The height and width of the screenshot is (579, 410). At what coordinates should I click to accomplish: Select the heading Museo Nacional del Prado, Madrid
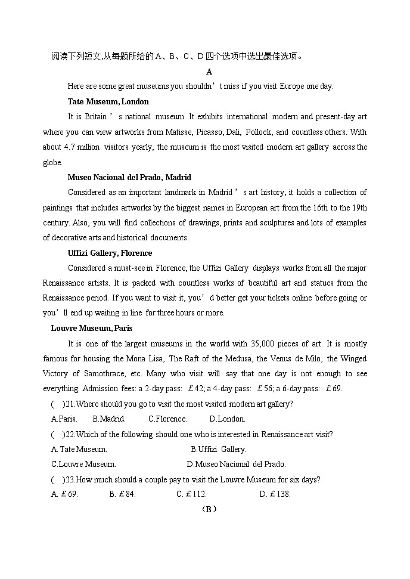pos(129,177)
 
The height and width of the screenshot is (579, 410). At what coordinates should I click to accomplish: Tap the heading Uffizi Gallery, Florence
pos(110,253)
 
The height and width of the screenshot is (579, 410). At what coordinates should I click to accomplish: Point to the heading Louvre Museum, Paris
pos(92,328)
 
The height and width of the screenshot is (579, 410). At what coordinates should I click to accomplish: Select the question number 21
pos(70,404)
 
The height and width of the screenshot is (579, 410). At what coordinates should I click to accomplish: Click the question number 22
pos(70,434)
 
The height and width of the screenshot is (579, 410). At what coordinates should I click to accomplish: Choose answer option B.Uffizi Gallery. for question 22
pos(218,449)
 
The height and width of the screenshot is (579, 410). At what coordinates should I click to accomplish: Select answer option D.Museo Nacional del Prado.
pos(236,464)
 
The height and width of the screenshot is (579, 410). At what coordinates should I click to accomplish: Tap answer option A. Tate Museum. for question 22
pos(79,449)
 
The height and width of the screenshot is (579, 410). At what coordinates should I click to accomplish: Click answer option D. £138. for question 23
pos(275,494)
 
